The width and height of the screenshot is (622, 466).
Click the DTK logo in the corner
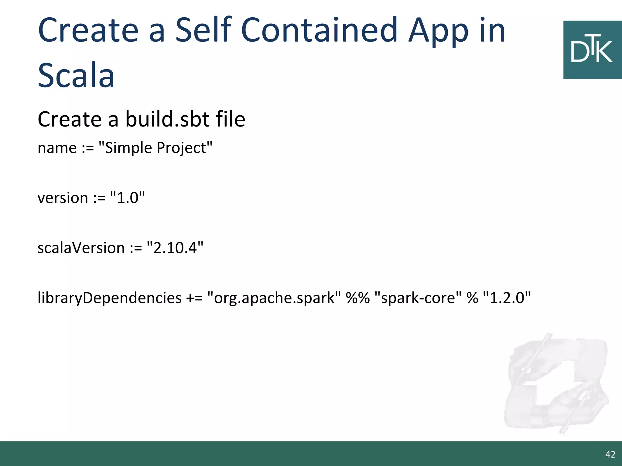coord(592,50)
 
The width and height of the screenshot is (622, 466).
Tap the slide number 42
coord(610,454)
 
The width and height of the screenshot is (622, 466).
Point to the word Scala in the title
coord(76,75)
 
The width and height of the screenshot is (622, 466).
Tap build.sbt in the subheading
coord(167,119)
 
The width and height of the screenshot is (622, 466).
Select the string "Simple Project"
coord(155,148)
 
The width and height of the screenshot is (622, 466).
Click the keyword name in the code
coord(57,148)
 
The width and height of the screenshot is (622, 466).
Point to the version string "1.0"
coord(128,198)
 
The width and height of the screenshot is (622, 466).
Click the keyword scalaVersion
coord(81,248)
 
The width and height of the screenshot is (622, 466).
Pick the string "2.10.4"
coord(175,248)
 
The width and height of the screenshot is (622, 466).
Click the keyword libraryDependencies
coord(109,298)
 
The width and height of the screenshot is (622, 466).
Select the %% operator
coord(358,298)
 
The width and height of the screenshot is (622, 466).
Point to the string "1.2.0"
coord(506,298)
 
